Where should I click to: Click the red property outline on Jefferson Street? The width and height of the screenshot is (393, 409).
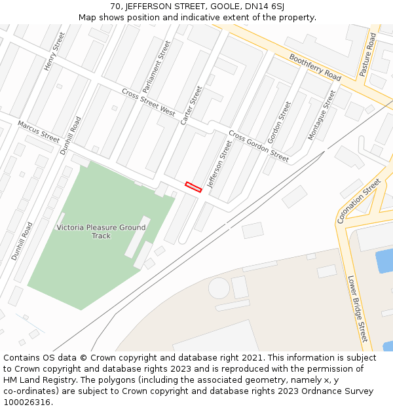coord(193,187)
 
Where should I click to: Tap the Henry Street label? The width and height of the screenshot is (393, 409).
coord(55,51)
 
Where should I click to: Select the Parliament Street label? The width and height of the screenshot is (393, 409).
coord(157,66)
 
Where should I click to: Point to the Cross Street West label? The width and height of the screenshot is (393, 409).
coord(149,103)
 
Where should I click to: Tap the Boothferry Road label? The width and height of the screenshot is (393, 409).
coord(315,67)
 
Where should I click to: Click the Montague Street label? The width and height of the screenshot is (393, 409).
coord(321,115)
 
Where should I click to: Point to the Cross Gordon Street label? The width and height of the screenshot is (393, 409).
coord(258,147)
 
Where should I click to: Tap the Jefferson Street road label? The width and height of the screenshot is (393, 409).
coord(219,164)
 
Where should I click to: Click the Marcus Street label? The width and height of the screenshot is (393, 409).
coord(39,132)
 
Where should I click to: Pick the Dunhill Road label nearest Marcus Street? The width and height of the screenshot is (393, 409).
coord(70,135)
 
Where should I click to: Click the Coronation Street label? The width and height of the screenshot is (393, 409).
coord(359,201)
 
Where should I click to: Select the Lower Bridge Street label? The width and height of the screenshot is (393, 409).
coord(358,308)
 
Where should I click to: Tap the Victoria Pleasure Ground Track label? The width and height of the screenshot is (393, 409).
coord(101,232)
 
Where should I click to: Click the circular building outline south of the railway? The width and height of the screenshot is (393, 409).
coord(219,288)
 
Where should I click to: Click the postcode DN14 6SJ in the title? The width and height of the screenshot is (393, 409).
coord(265,6)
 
